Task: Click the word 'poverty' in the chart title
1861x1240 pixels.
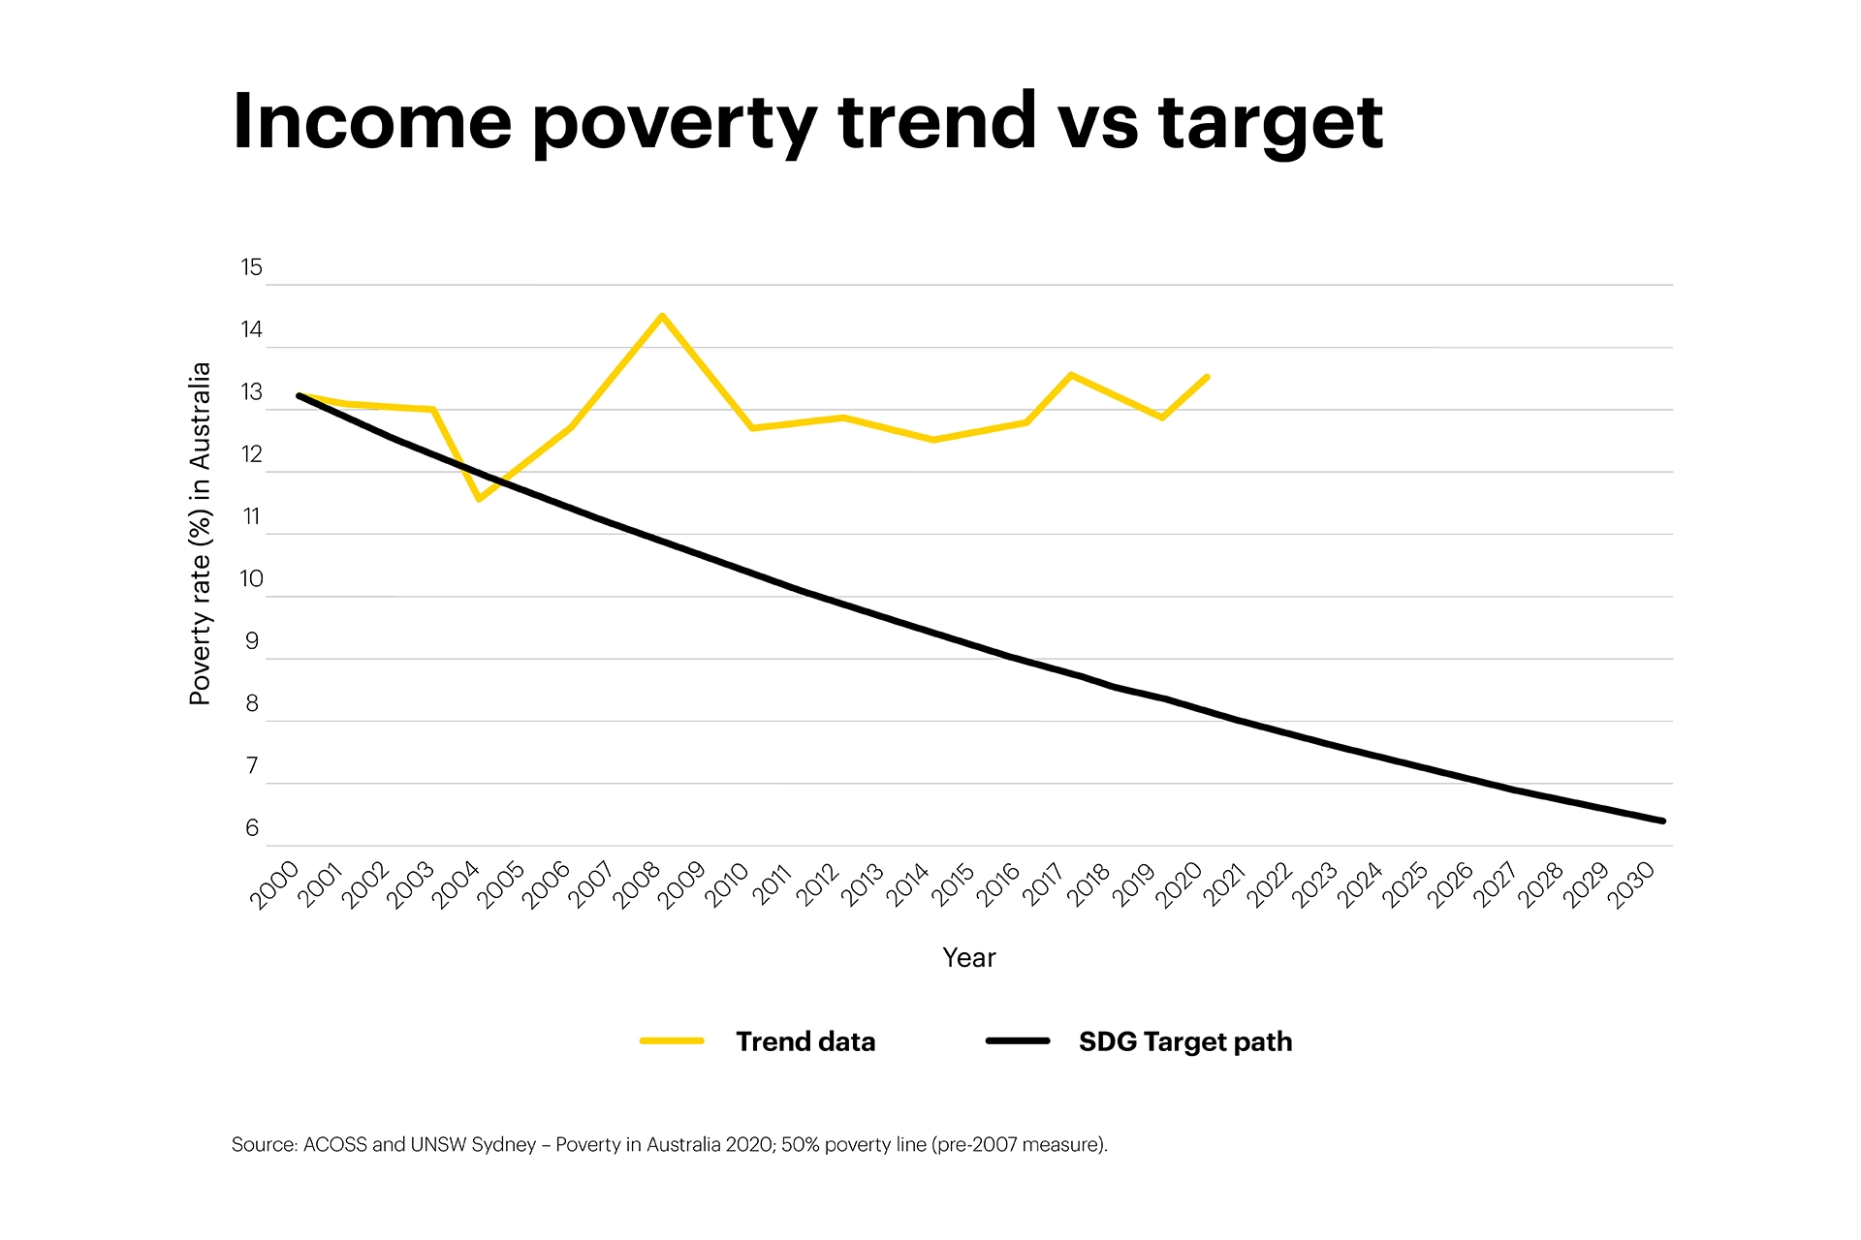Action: (x=675, y=124)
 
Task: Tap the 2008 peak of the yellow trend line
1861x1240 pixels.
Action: (x=662, y=316)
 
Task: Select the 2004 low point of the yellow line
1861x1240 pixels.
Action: (x=479, y=499)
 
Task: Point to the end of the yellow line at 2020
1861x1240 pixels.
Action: (x=1207, y=377)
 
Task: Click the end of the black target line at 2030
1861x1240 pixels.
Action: (x=1662, y=821)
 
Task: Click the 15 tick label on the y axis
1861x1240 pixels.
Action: (x=251, y=268)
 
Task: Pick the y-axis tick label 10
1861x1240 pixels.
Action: (x=251, y=579)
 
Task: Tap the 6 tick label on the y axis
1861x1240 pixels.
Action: (x=252, y=828)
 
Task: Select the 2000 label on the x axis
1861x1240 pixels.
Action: (x=275, y=885)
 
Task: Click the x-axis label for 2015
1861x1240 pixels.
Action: (x=954, y=885)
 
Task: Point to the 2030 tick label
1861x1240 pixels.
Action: (x=1631, y=885)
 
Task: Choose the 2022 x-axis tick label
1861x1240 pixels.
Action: (x=1270, y=885)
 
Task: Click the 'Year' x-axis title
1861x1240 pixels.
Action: (x=968, y=958)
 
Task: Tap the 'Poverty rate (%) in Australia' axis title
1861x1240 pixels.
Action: (x=200, y=534)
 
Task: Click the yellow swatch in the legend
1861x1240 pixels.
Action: (x=672, y=1041)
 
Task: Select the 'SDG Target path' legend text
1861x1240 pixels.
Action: (x=1184, y=1041)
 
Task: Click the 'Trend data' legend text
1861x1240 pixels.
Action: (x=804, y=1041)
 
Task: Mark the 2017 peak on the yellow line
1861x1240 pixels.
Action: (x=1070, y=374)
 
